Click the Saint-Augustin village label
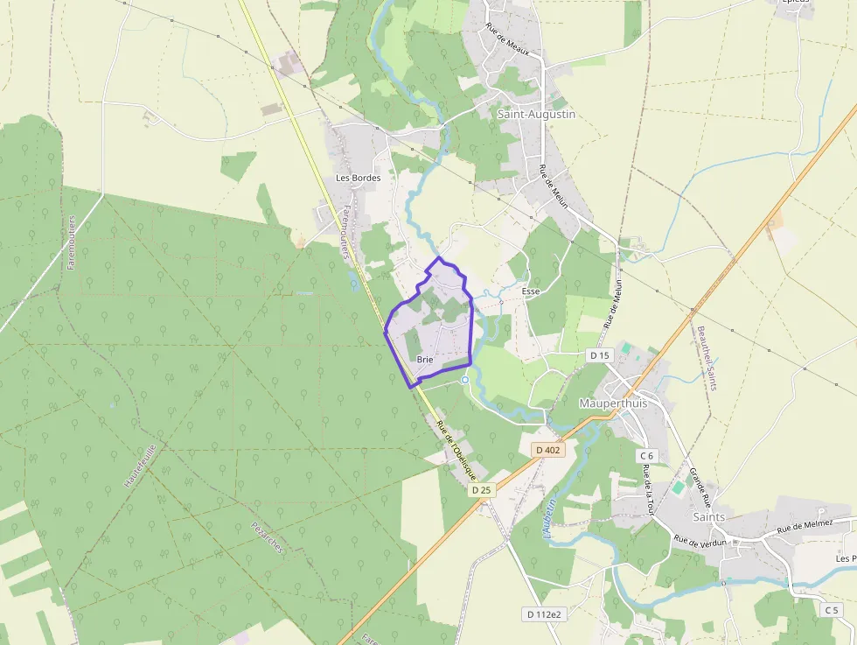pyautogui.click(x=536, y=114)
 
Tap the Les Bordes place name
pyautogui.click(x=359, y=178)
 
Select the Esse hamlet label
pyautogui.click(x=530, y=291)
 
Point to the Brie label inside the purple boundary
pyautogui.click(x=426, y=360)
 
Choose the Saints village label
pyautogui.click(x=708, y=516)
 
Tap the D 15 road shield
pyautogui.click(x=599, y=355)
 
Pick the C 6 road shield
pyautogui.click(x=647, y=455)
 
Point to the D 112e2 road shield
pyautogui.click(x=542, y=613)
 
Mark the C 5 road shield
pyautogui.click(x=831, y=609)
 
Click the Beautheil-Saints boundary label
pyautogui.click(x=707, y=358)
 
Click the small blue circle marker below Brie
pyautogui.click(x=465, y=380)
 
